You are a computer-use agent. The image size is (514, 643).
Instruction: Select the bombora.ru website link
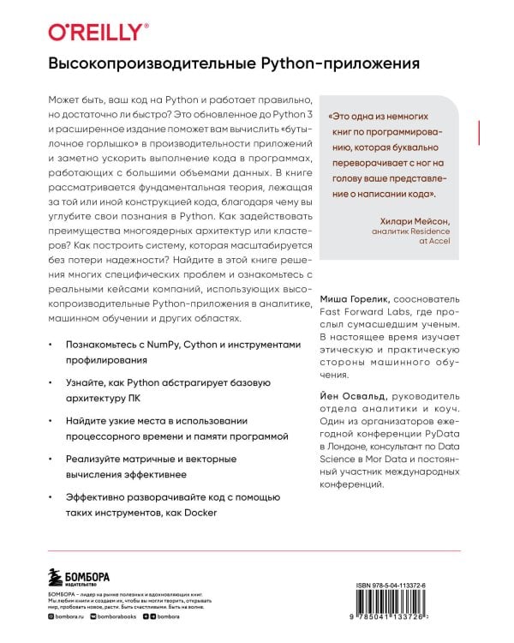coord(69,617)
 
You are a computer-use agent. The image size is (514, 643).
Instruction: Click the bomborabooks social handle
coord(119,617)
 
